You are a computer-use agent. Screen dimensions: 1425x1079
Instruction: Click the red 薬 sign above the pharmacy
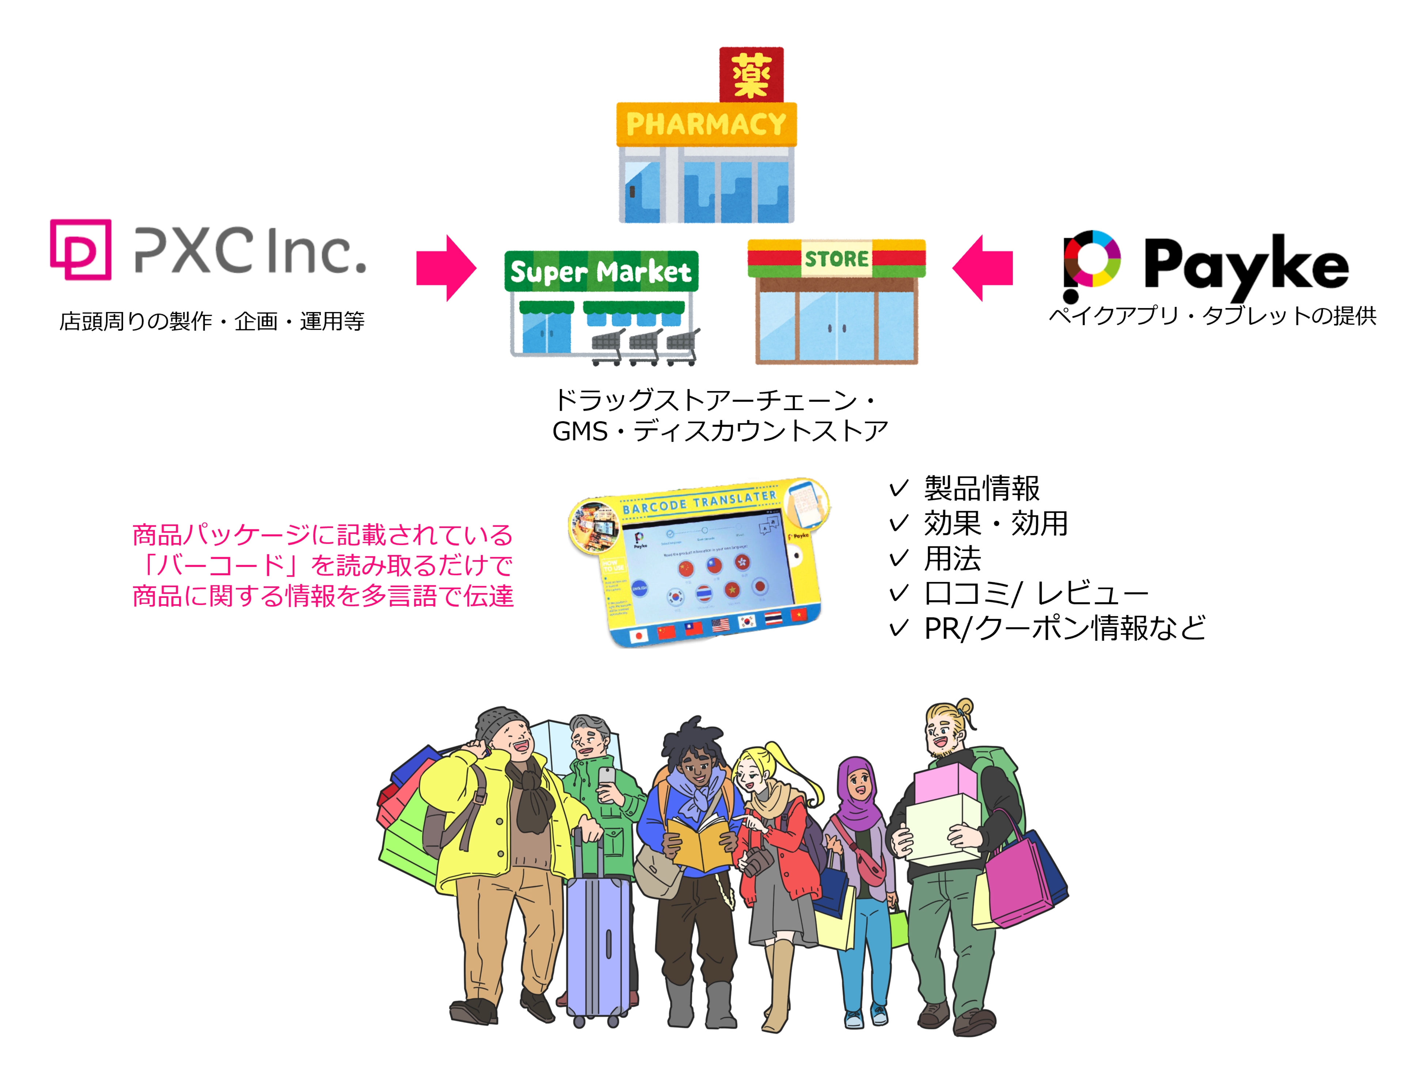751,75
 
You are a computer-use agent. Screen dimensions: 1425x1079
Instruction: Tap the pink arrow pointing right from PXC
446,268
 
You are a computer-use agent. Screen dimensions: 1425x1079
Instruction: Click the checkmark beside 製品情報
899,488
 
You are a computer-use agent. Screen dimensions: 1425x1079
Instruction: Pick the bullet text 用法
952,558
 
